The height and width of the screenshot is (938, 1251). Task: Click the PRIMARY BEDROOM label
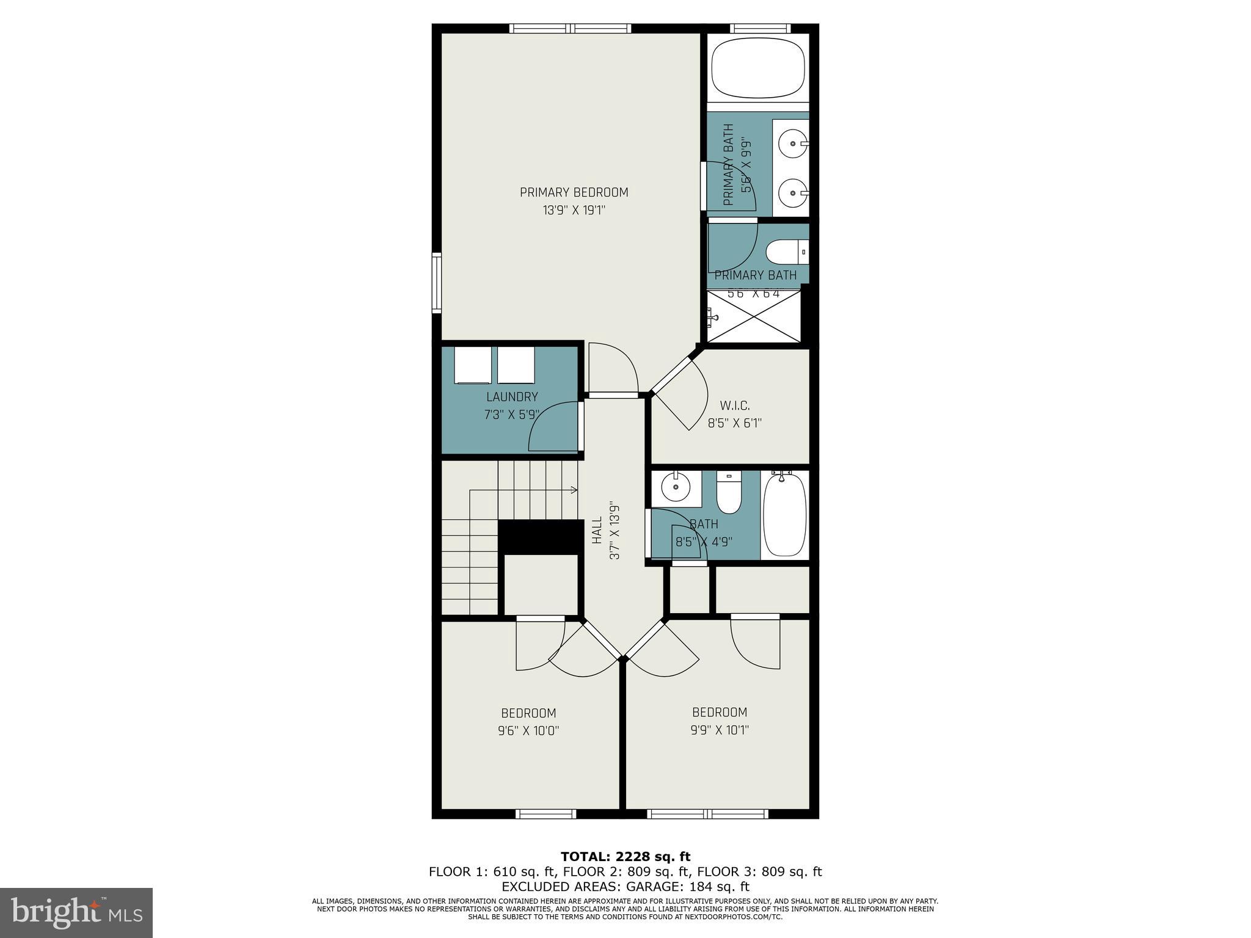pyautogui.click(x=574, y=192)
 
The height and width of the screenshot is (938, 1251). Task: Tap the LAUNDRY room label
pyautogui.click(x=512, y=397)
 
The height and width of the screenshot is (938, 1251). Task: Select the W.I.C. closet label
pyautogui.click(x=734, y=405)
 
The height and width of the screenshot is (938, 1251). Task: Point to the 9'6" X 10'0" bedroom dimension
pyautogui.click(x=528, y=730)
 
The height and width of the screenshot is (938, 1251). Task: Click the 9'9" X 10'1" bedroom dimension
pyautogui.click(x=720, y=729)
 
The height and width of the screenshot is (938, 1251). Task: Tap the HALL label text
pyautogui.click(x=597, y=530)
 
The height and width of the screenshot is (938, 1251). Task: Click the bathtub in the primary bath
pyautogui.click(x=757, y=68)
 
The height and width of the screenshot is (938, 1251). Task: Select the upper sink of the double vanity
pyautogui.click(x=792, y=144)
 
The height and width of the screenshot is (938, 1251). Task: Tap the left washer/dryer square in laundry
pyautogui.click(x=473, y=365)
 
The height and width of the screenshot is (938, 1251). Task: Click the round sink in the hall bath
pyautogui.click(x=676, y=487)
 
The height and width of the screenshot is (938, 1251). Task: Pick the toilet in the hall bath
pyautogui.click(x=728, y=496)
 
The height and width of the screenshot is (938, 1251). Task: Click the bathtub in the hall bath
pyautogui.click(x=784, y=515)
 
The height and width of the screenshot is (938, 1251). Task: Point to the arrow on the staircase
pyautogui.click(x=574, y=490)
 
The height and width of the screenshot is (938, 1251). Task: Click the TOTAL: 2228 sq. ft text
pyautogui.click(x=625, y=857)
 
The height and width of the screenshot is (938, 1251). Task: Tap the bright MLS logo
pyautogui.click(x=76, y=913)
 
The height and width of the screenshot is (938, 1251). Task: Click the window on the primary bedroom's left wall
pyautogui.click(x=436, y=283)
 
